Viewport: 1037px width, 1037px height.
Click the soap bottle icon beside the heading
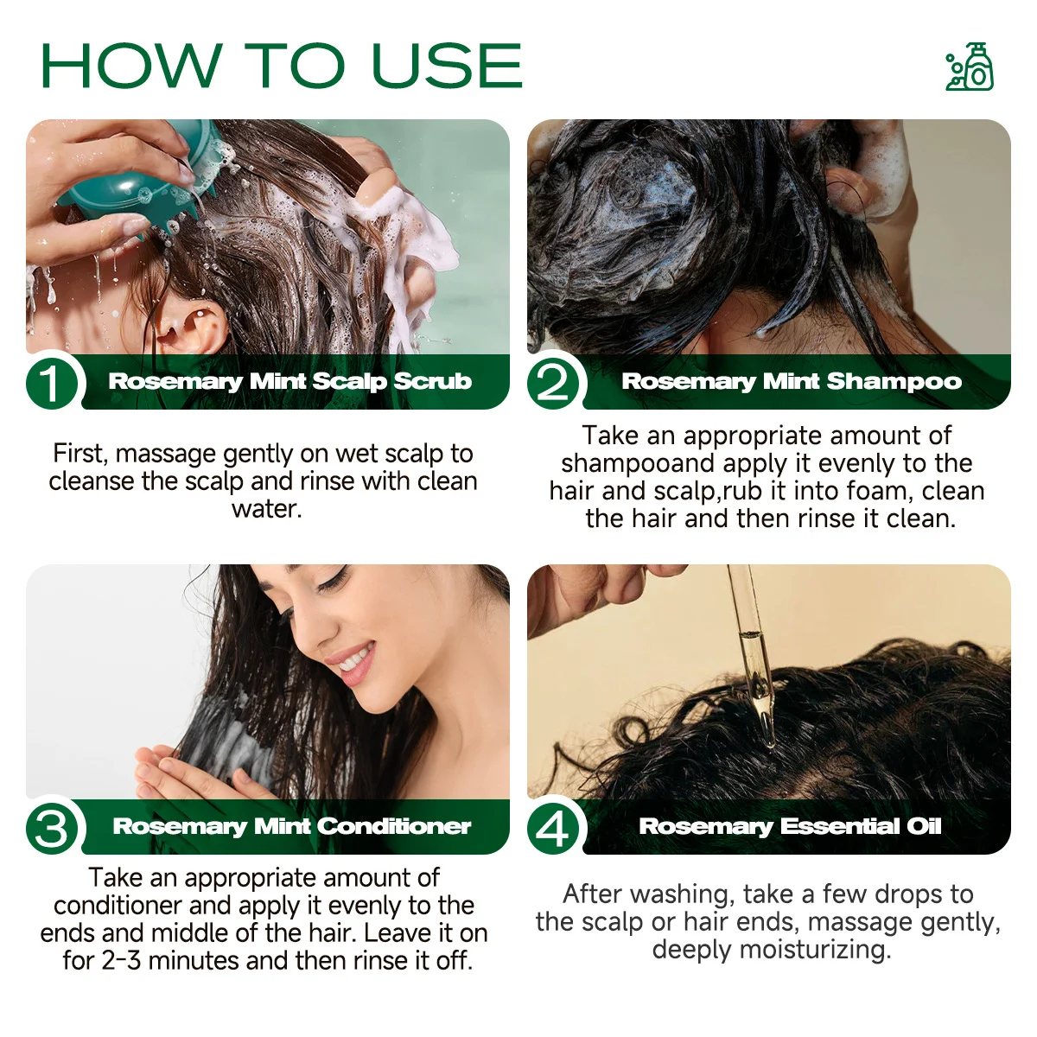[970, 66]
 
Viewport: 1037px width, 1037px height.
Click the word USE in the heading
[447, 65]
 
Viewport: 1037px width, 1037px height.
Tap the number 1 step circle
[52, 383]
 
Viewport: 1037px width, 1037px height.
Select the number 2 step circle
[553, 383]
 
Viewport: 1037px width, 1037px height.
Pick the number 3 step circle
[52, 828]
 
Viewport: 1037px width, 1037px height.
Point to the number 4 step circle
[553, 828]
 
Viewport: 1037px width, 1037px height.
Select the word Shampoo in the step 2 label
[894, 381]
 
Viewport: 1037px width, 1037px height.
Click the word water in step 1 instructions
[266, 508]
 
